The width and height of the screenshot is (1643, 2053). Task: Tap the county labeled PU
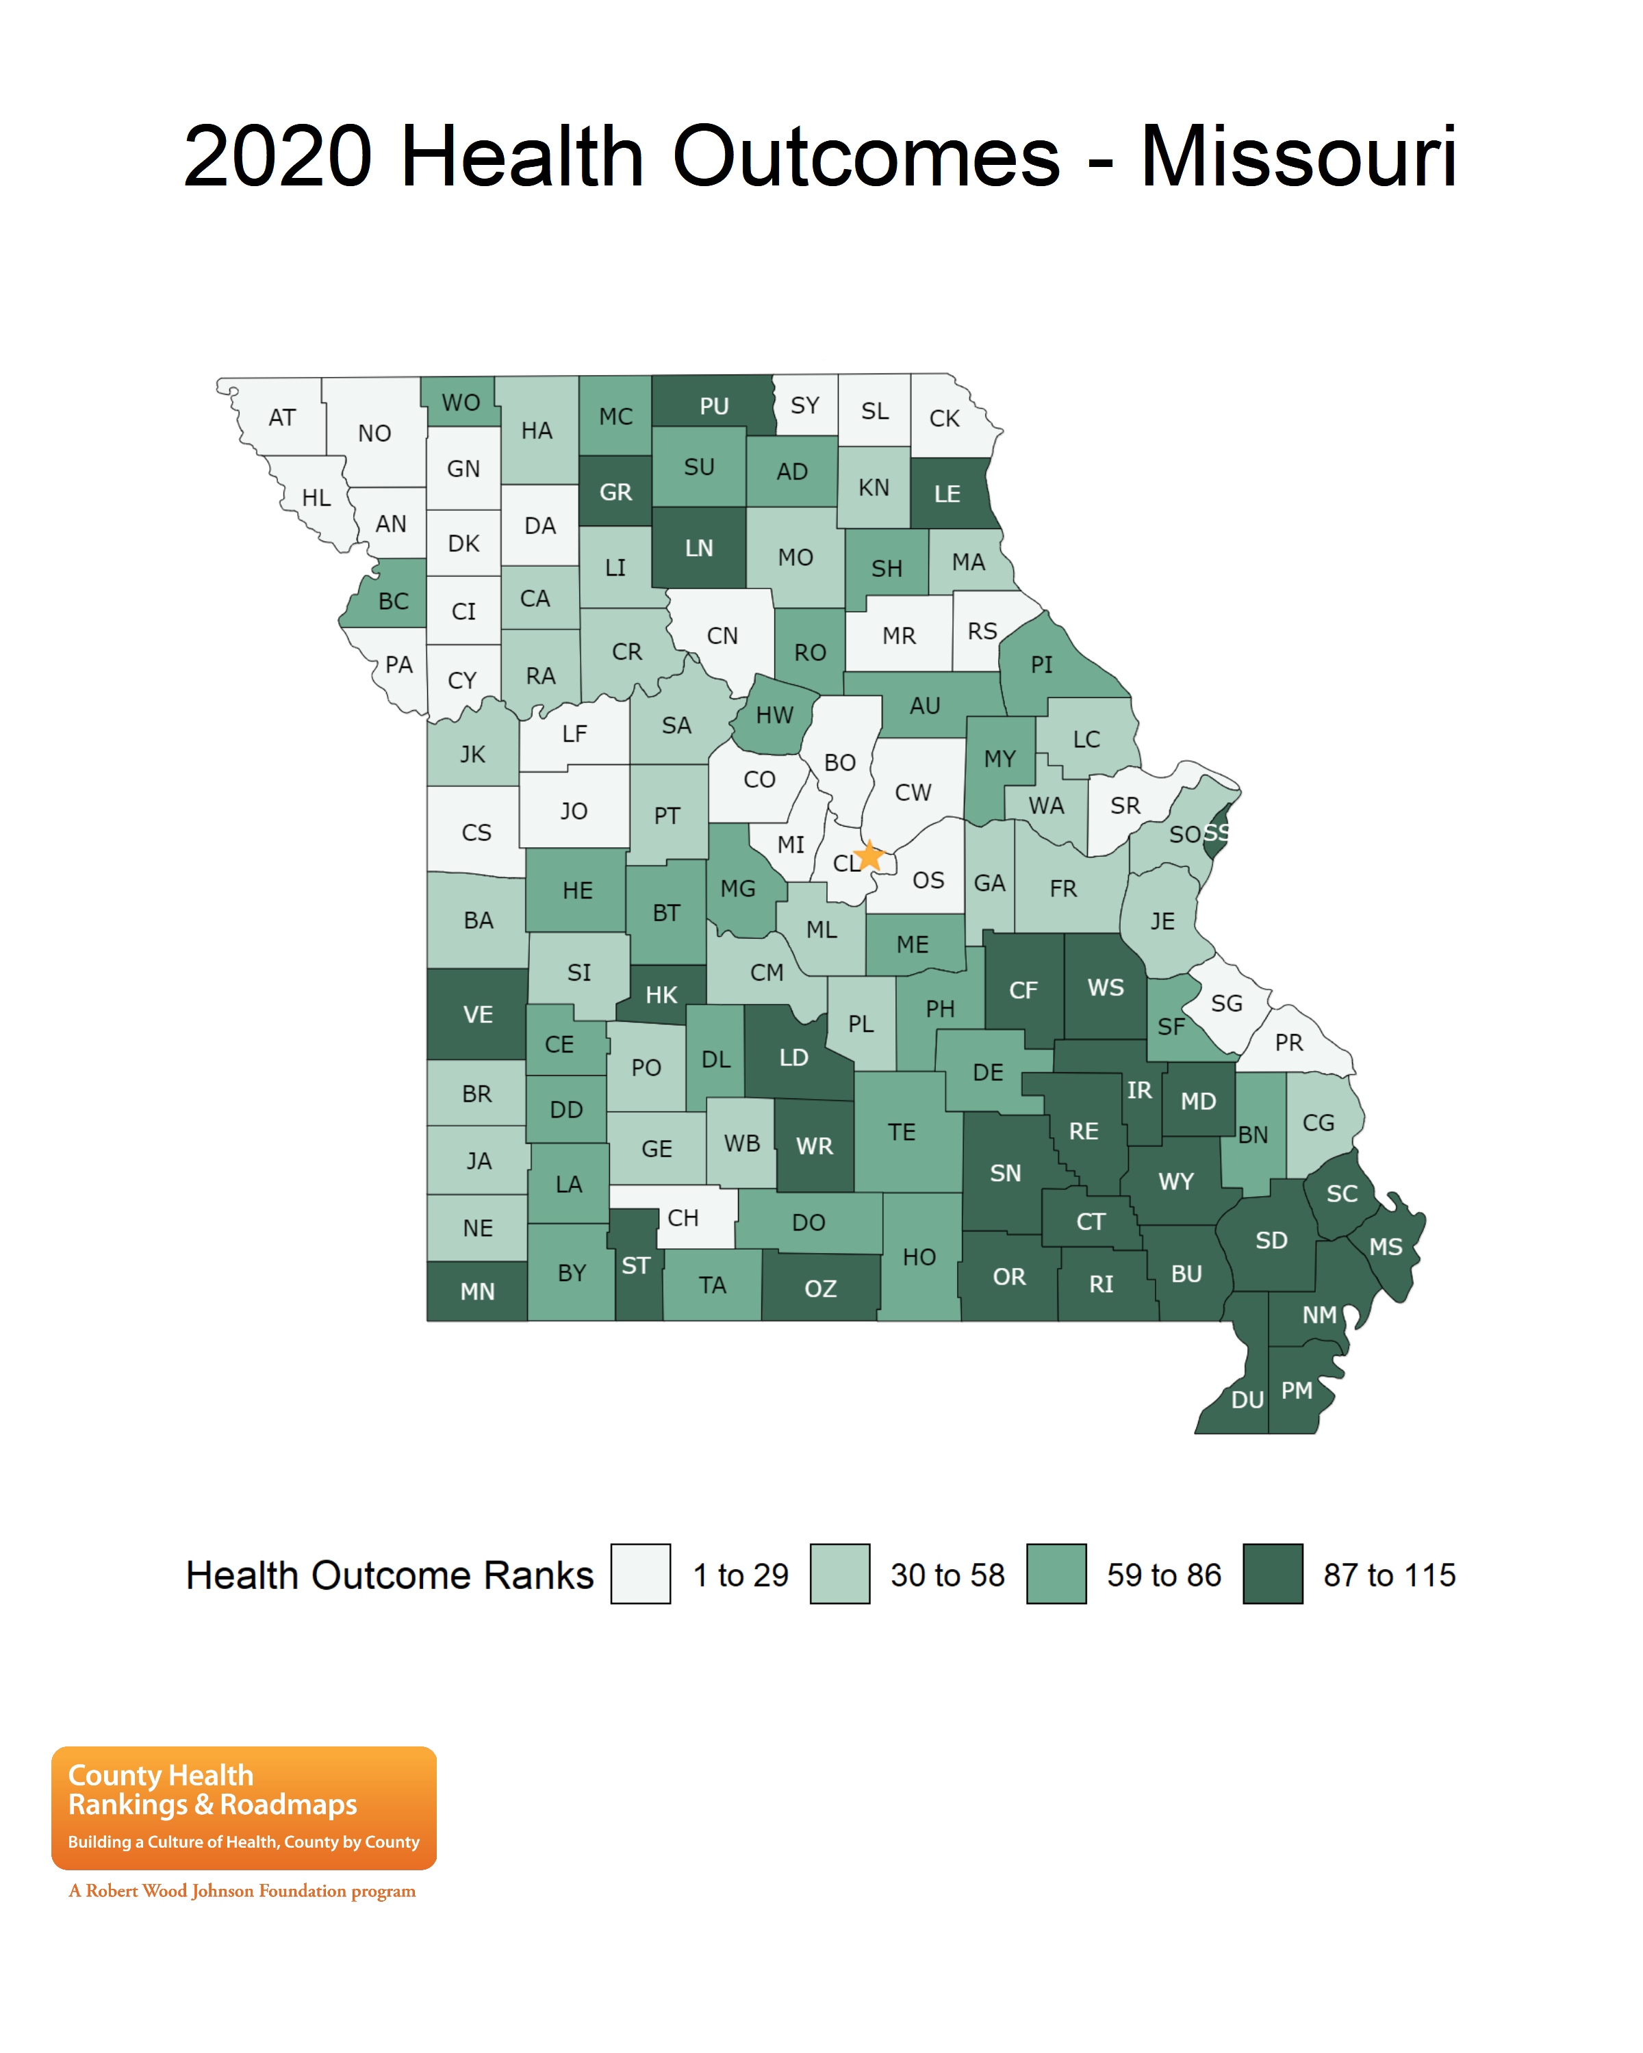[x=713, y=406]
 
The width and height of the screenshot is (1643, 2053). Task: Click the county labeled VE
[x=477, y=1014]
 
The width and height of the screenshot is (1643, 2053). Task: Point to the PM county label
[x=1297, y=1391]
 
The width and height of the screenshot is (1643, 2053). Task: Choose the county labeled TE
[x=901, y=1131]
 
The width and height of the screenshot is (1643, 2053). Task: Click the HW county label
[x=774, y=715]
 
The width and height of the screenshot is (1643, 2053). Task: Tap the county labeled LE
[x=947, y=494]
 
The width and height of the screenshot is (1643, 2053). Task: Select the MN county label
[x=477, y=1291]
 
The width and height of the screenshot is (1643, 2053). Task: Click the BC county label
[x=394, y=601]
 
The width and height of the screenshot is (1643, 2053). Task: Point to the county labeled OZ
[x=820, y=1289]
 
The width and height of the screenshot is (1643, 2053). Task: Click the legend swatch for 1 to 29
[x=640, y=1574]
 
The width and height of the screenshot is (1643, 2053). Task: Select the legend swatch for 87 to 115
[x=1273, y=1574]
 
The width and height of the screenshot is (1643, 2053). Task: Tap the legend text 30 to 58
[x=947, y=1575]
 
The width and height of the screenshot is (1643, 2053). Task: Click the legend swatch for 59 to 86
[x=1056, y=1574]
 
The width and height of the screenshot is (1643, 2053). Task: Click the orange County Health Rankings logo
[x=244, y=1807]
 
